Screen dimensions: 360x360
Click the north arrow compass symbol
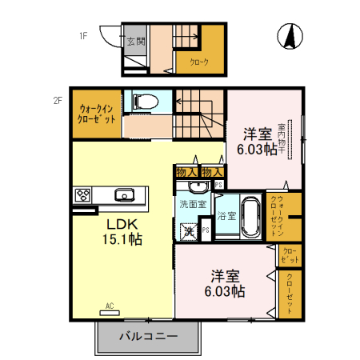[x=290, y=36]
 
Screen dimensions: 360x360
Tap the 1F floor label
[x=82, y=35]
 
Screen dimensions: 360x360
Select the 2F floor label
[x=58, y=101]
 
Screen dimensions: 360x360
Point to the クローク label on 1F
[x=199, y=62]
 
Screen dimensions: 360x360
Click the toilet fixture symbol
[x=145, y=102]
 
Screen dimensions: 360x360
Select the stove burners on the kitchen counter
[x=84, y=194]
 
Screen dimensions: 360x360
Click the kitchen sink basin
[x=124, y=194]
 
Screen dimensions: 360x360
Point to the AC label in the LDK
[x=110, y=305]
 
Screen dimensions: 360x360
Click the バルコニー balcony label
[x=148, y=336]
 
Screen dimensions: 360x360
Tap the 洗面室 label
[x=192, y=204]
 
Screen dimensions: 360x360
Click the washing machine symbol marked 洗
[x=189, y=230]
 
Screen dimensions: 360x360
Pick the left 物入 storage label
[x=187, y=171]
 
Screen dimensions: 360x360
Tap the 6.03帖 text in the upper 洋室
[x=256, y=149]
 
